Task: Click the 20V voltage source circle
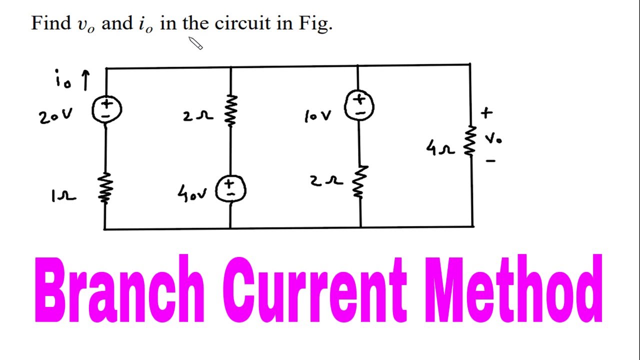click(106, 109)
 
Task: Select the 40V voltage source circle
click(230, 189)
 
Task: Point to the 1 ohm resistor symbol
click(105, 188)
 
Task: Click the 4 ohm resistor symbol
click(470, 140)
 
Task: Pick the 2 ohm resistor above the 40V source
click(230, 111)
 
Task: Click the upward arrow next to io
click(85, 80)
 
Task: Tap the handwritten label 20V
click(55, 117)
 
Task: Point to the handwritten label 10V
click(317, 116)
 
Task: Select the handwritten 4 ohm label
click(440, 148)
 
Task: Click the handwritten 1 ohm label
click(63, 196)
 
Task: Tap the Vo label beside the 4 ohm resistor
click(493, 138)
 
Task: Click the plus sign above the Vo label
click(486, 113)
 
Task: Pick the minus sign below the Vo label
click(490, 161)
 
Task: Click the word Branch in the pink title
click(119, 290)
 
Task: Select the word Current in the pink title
click(315, 290)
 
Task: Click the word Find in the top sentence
click(51, 23)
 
